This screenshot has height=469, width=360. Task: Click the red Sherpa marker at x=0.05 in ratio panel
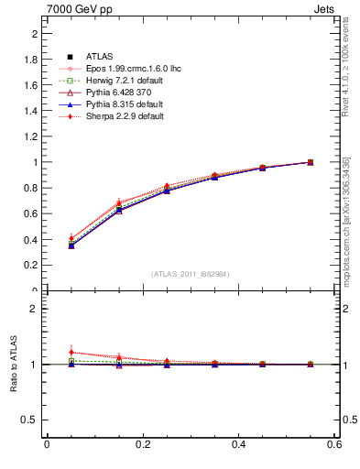[71, 353]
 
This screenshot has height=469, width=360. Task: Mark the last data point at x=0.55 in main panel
[311, 162]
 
